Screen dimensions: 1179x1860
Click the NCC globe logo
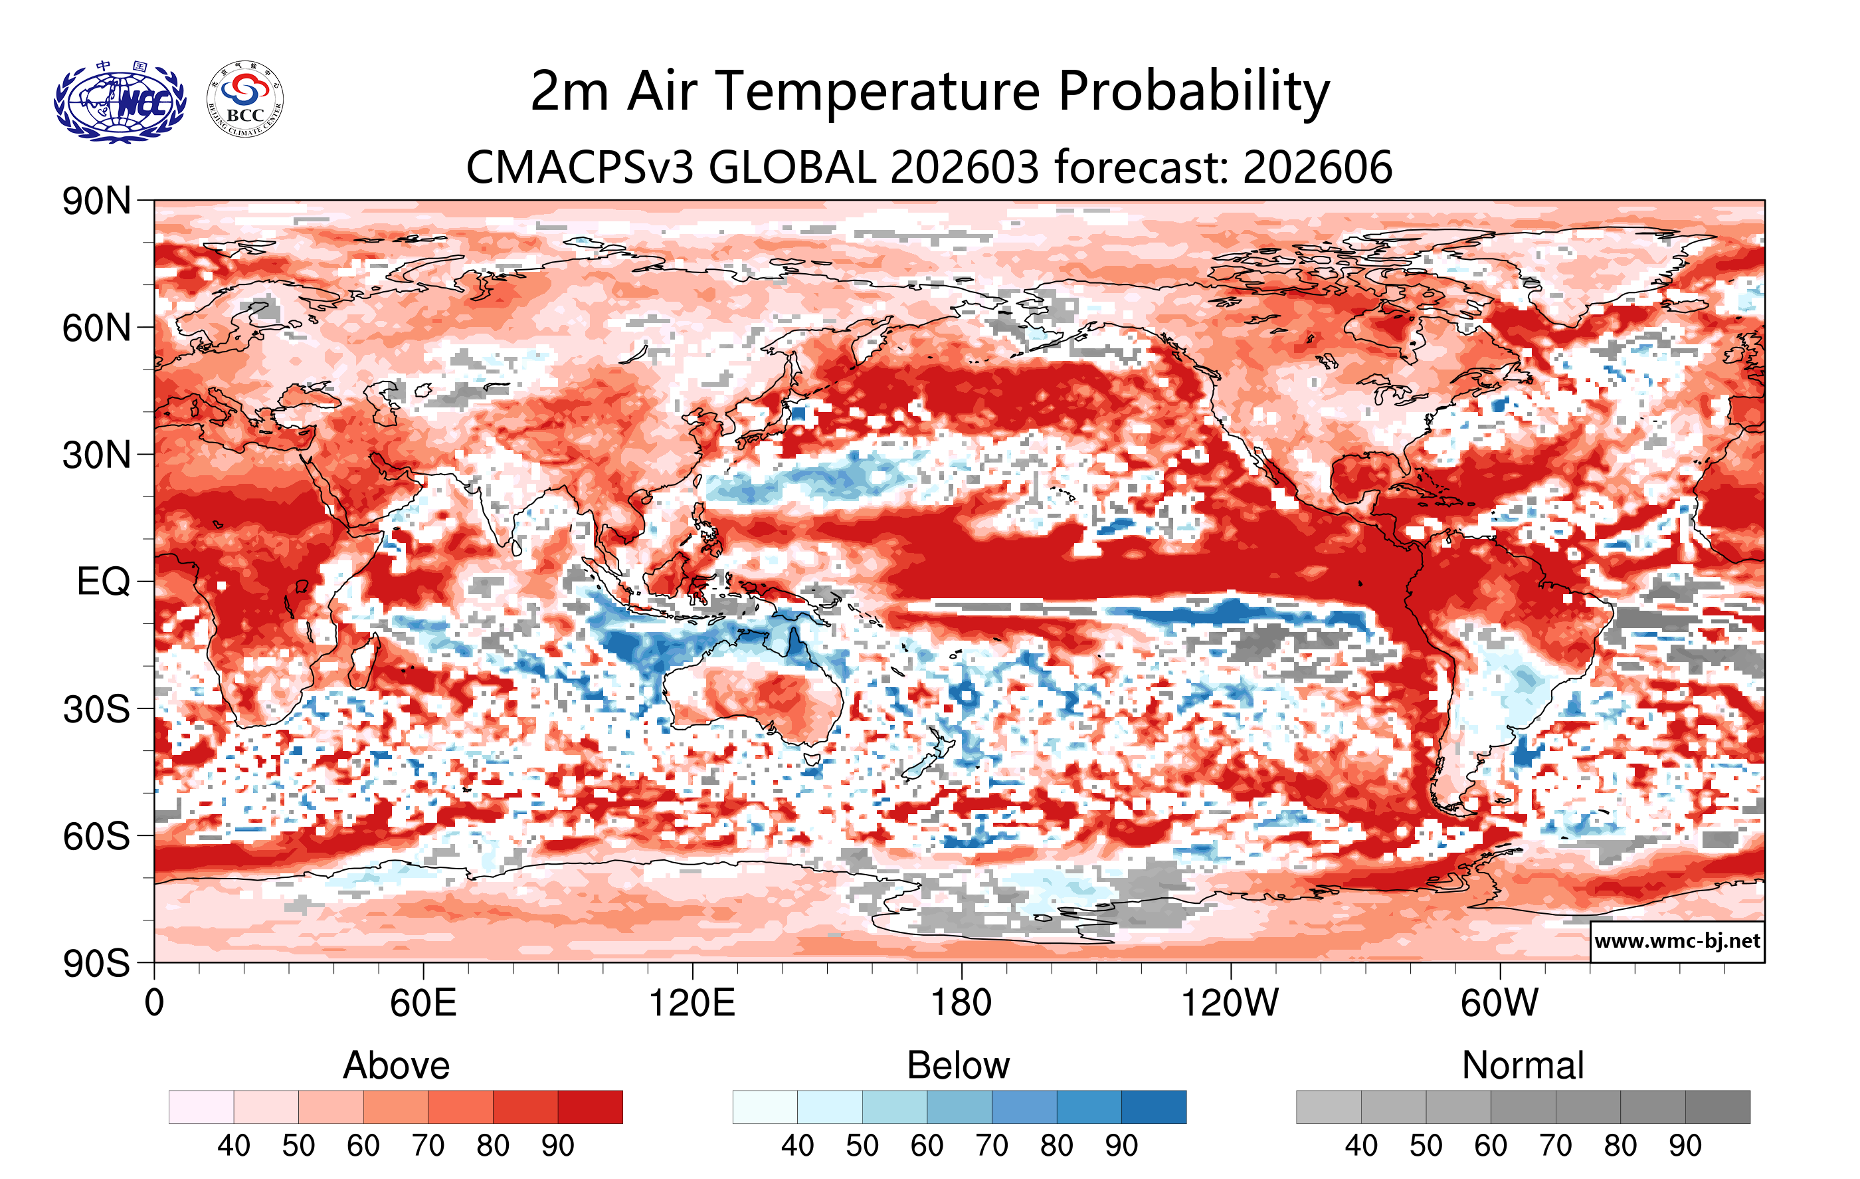[120, 101]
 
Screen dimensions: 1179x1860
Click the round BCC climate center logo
[245, 100]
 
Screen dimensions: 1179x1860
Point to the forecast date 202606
[1317, 167]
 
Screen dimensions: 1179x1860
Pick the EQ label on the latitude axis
[104, 582]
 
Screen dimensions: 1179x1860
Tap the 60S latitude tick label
[96, 836]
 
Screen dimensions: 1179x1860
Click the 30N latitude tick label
[96, 455]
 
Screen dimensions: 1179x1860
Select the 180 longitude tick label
[961, 1003]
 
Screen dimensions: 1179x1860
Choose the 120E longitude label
[692, 1003]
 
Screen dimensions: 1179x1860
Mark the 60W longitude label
[1499, 1003]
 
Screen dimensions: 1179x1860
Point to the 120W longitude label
[1230, 1003]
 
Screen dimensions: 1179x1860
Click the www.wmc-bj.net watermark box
[1677, 941]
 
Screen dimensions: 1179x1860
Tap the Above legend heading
[397, 1065]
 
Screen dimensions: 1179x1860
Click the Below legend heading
[959, 1065]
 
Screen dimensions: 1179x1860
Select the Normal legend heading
[1523, 1065]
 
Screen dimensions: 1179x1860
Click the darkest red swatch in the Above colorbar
[590, 1107]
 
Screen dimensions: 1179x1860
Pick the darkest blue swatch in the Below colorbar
[1153, 1107]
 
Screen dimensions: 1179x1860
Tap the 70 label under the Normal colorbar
[1555, 1145]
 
